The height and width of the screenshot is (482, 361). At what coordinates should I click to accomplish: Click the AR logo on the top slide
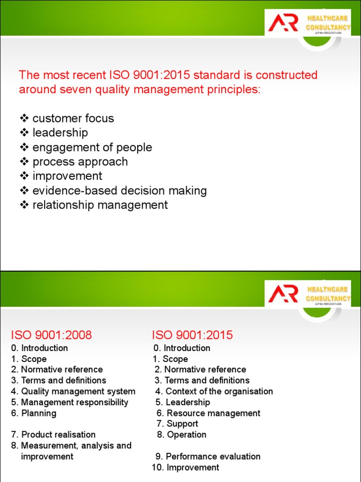pyautogui.click(x=283, y=23)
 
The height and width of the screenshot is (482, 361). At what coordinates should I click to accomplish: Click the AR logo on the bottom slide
pyautogui.click(x=283, y=294)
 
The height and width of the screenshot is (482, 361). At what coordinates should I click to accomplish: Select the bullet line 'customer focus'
pyautogui.click(x=73, y=118)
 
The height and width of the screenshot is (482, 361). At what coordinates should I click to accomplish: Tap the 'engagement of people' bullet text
pyautogui.click(x=92, y=147)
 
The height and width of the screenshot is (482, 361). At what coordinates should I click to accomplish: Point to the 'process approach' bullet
pyautogui.click(x=80, y=162)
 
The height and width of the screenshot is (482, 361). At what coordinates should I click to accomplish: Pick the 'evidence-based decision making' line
pyautogui.click(x=119, y=191)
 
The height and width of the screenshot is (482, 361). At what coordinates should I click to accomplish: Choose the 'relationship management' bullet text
pyautogui.click(x=100, y=205)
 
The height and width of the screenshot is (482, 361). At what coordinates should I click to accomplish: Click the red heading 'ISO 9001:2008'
pyautogui.click(x=51, y=335)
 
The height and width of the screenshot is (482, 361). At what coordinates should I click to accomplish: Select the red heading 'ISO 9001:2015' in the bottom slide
pyautogui.click(x=192, y=335)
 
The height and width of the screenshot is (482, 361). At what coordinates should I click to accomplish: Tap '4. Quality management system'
pyautogui.click(x=73, y=391)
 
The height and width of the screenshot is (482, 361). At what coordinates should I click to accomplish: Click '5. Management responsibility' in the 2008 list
pyautogui.click(x=70, y=402)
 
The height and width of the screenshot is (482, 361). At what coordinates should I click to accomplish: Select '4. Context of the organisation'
pyautogui.click(x=214, y=391)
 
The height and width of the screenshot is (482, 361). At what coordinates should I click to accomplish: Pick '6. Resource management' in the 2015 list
pyautogui.click(x=208, y=413)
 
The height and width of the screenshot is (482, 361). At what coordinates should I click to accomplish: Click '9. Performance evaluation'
pyautogui.click(x=208, y=456)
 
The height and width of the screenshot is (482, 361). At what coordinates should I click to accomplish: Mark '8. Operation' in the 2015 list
pyautogui.click(x=181, y=434)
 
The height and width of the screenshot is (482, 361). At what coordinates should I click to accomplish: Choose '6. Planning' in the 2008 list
pyautogui.click(x=33, y=413)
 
